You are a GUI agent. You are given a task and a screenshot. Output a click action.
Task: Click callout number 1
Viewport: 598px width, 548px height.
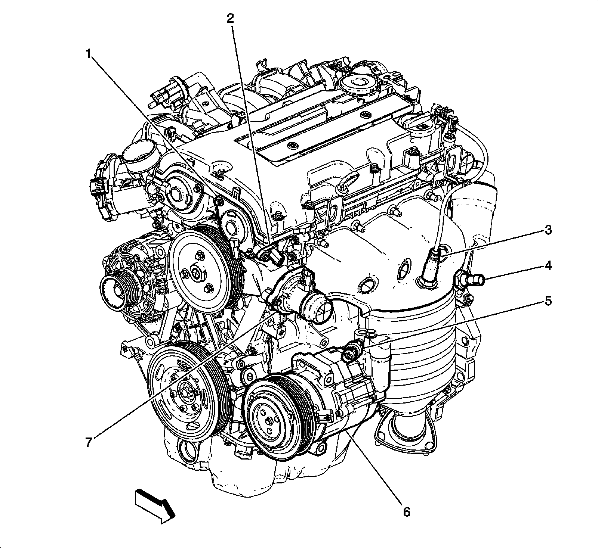[x=89, y=55]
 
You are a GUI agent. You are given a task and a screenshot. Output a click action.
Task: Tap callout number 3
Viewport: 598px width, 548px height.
[x=548, y=230]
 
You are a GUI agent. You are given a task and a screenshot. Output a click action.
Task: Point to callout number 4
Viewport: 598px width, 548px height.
[x=548, y=266]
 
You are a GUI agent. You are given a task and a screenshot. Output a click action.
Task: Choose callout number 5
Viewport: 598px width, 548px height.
[x=548, y=301]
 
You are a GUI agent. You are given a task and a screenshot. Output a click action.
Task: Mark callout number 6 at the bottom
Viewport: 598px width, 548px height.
[x=407, y=511]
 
